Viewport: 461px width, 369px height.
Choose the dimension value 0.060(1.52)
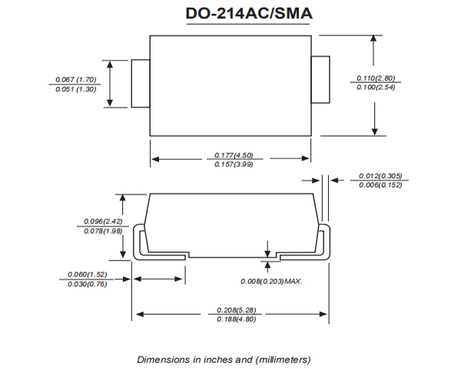click(87, 274)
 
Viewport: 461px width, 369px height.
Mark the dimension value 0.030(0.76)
click(87, 284)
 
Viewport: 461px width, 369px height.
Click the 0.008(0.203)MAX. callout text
click(271, 281)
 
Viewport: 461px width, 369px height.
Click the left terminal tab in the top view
click(139, 83)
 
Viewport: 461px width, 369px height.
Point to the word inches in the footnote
click(209, 359)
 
